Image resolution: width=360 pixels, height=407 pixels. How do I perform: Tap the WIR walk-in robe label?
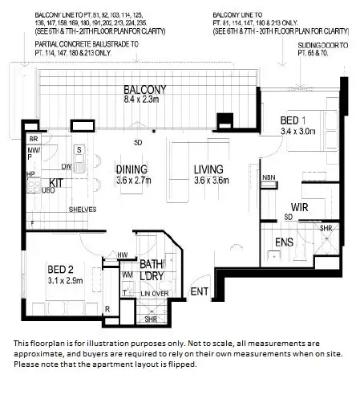300,207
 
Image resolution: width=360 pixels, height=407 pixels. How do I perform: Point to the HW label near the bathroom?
123,256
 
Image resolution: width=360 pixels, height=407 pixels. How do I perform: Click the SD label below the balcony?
139,144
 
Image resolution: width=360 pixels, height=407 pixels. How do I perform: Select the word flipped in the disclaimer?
180,364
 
